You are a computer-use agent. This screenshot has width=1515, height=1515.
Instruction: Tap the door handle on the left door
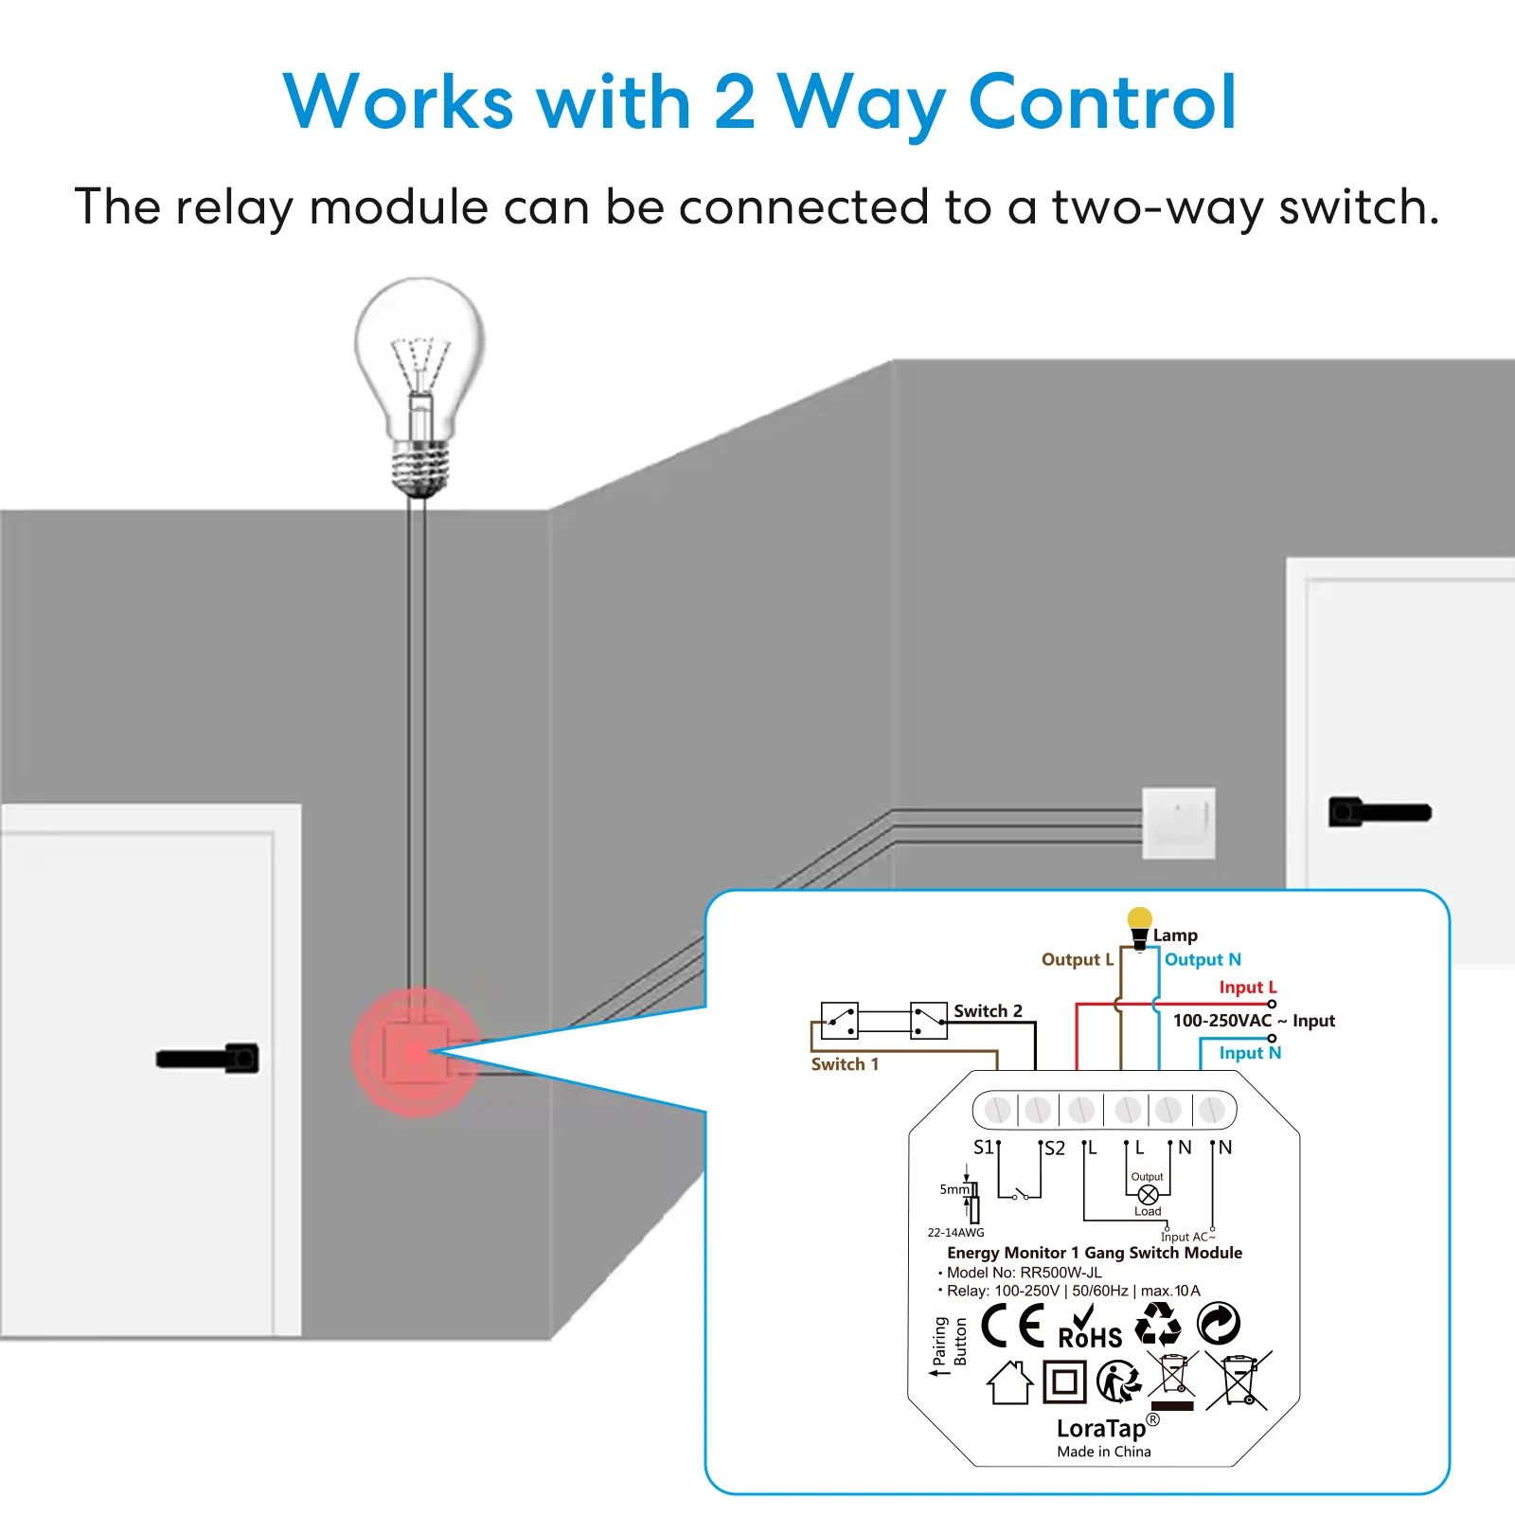coord(208,1058)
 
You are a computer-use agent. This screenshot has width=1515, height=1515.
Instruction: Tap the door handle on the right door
coord(1380,811)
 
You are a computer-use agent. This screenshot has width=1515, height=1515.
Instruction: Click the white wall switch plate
coord(1179,823)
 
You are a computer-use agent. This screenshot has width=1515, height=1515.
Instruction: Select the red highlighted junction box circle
coord(417,1052)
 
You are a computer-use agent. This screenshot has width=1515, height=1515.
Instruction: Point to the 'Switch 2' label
coord(988,1010)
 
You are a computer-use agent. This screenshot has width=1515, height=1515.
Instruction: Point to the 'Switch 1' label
coord(845,1064)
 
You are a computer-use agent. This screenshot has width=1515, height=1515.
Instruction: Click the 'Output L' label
coord(1078,959)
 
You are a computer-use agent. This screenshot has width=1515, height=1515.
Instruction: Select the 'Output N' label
coord(1203,959)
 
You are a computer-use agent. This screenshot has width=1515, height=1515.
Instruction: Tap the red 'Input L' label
coord(1248,987)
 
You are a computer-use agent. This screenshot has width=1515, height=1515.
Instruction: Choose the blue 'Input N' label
coord(1250,1052)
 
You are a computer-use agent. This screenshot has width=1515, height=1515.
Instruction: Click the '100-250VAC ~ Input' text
coord(1254,1020)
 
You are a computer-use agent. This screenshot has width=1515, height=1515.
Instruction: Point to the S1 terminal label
coord(984,1147)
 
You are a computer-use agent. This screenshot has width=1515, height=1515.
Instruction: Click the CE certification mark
coord(1012,1325)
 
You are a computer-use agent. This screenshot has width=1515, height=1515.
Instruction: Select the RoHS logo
coord(1090,1328)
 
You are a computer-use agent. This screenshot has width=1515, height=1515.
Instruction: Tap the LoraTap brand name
coord(1101,1428)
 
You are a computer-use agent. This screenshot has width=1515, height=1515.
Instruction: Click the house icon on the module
coord(1009,1382)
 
